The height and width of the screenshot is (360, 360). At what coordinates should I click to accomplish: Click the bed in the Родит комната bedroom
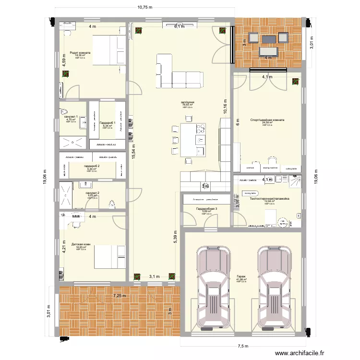pos(105,49)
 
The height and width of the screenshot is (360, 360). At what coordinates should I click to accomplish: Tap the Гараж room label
pos(240,277)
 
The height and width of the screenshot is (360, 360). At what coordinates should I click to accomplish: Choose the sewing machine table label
pos(271,168)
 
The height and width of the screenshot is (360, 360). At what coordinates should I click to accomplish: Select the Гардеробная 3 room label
pos(206,209)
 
